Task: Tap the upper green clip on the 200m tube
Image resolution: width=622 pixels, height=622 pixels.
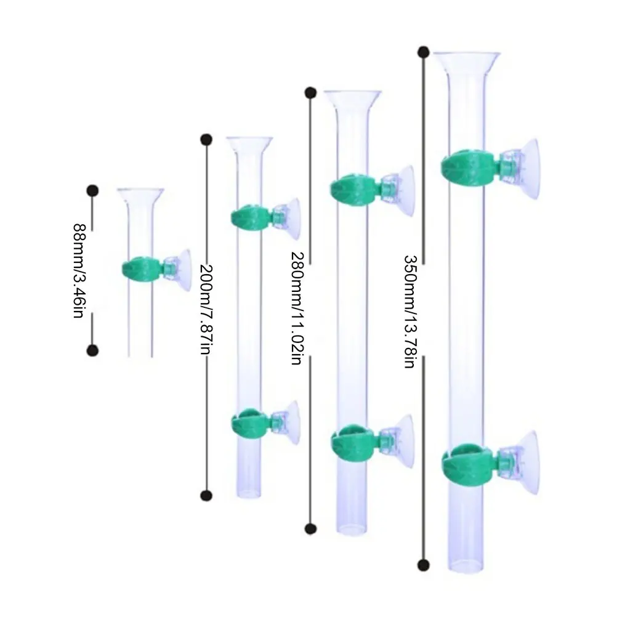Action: pyautogui.click(x=250, y=217)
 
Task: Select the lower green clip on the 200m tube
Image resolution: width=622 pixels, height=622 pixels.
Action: pyautogui.click(x=250, y=423)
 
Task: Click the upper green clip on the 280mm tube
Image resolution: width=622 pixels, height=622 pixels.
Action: pyautogui.click(x=354, y=191)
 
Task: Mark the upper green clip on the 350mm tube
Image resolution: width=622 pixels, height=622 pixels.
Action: pyautogui.click(x=467, y=167)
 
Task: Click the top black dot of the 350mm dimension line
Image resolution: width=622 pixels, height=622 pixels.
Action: pyautogui.click(x=423, y=52)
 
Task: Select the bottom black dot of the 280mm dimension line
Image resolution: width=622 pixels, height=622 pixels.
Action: pyautogui.click(x=311, y=528)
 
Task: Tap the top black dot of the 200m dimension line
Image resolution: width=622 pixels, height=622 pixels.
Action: pyautogui.click(x=206, y=139)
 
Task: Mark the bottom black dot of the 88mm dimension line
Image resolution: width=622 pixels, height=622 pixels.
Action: pyautogui.click(x=93, y=350)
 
